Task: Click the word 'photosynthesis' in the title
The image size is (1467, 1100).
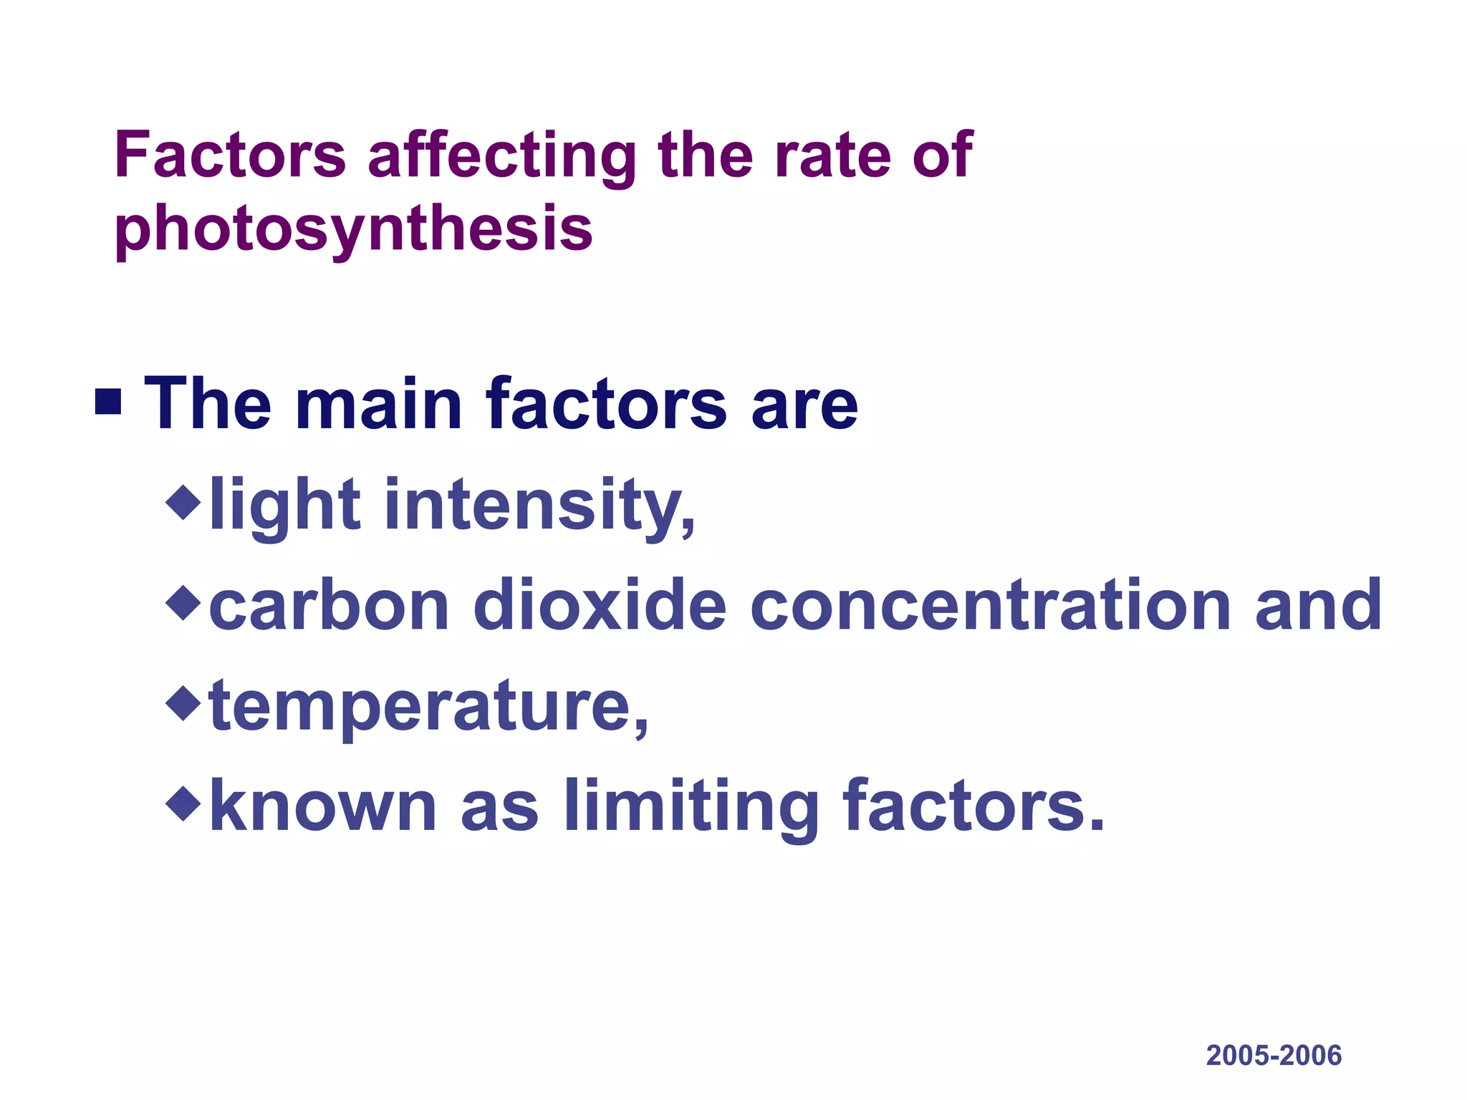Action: point(353,229)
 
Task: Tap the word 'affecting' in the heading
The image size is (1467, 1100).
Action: point(501,155)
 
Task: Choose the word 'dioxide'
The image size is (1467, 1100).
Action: point(600,606)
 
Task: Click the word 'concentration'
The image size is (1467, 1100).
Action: point(991,606)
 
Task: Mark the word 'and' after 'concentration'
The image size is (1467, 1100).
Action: point(1318,606)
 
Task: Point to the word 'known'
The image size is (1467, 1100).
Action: point(323,806)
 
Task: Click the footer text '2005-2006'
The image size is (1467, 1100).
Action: point(1274,1056)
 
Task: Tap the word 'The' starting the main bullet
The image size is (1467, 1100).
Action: point(208,405)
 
